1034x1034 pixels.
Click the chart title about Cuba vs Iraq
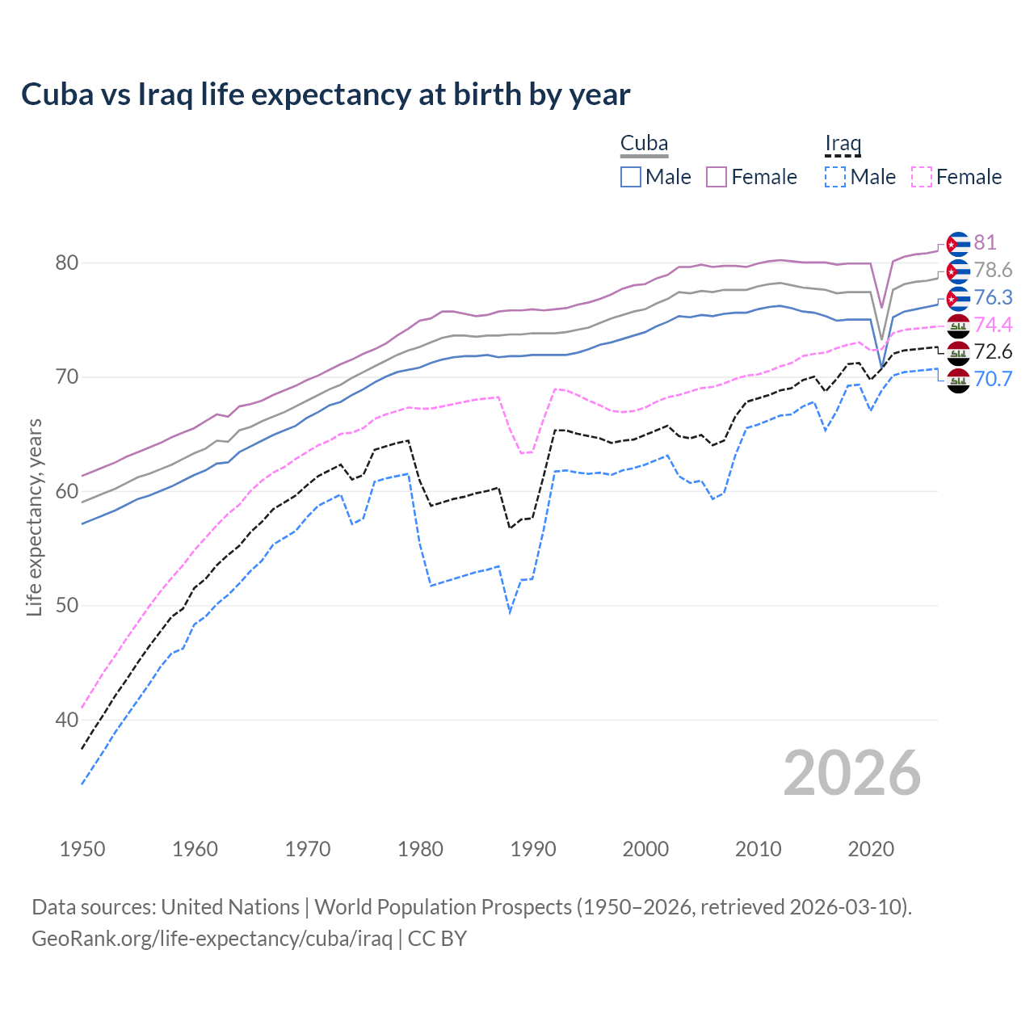(326, 95)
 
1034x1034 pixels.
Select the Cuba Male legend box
(631, 177)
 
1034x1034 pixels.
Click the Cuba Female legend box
(717, 177)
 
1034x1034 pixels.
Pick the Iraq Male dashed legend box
(835, 177)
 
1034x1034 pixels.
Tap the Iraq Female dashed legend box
(921, 177)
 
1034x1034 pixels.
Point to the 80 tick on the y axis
(67, 263)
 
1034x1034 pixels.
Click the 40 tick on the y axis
(67, 720)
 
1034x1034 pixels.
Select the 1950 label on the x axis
(82, 849)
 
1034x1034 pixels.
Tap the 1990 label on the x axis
(533, 849)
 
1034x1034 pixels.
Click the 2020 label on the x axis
(871, 849)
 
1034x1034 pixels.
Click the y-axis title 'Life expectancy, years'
(34, 517)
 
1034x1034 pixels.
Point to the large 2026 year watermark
(852, 773)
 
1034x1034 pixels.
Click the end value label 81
(985, 243)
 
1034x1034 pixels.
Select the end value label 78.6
(993, 271)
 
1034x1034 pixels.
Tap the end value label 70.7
(993, 379)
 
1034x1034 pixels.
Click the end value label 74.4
(993, 325)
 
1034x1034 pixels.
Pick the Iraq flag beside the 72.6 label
(958, 352)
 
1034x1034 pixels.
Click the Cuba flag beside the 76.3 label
(958, 298)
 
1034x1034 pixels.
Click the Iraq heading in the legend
(843, 143)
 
